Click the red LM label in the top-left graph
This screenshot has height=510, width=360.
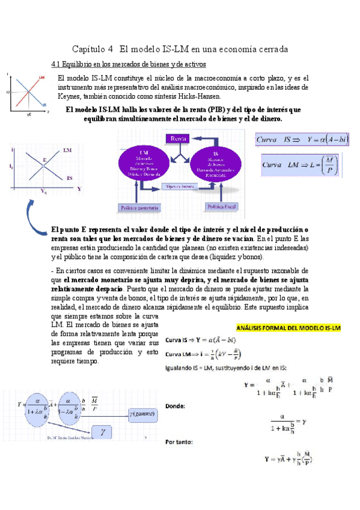(41, 78)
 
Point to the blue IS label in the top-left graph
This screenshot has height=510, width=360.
(44, 104)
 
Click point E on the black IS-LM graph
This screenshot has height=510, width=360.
(44, 161)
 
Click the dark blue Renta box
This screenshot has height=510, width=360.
(178, 139)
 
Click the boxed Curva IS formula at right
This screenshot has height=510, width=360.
(303, 141)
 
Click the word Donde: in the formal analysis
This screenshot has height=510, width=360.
(174, 406)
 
